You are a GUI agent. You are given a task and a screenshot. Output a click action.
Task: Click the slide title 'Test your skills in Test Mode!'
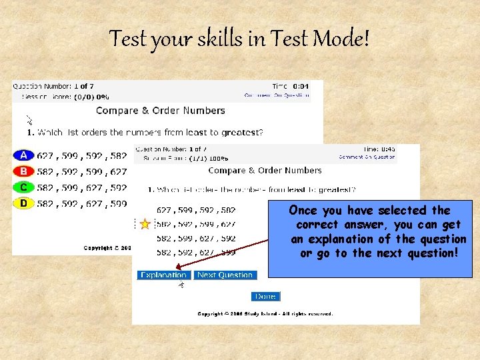[239, 39]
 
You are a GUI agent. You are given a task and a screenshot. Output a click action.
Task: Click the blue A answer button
[23, 155]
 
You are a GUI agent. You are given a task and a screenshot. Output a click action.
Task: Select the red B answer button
[23, 171]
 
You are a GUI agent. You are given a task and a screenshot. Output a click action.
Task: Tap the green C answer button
[23, 187]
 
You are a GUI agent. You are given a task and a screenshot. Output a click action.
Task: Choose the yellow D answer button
[23, 203]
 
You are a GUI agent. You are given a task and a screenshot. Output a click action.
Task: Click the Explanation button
[164, 275]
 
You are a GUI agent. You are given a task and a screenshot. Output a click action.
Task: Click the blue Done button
[265, 296]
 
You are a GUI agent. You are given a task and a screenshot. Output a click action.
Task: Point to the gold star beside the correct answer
[145, 224]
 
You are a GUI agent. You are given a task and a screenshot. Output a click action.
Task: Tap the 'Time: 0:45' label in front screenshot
[379, 149]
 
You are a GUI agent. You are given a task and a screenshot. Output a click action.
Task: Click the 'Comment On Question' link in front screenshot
[367, 157]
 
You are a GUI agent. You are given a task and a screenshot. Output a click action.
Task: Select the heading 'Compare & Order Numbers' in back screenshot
[161, 111]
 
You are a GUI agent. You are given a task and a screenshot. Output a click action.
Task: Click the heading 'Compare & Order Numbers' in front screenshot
[275, 171]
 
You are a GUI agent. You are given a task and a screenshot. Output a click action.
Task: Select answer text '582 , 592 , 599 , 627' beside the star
[196, 224]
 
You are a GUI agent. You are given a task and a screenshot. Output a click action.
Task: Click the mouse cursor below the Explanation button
[181, 285]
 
